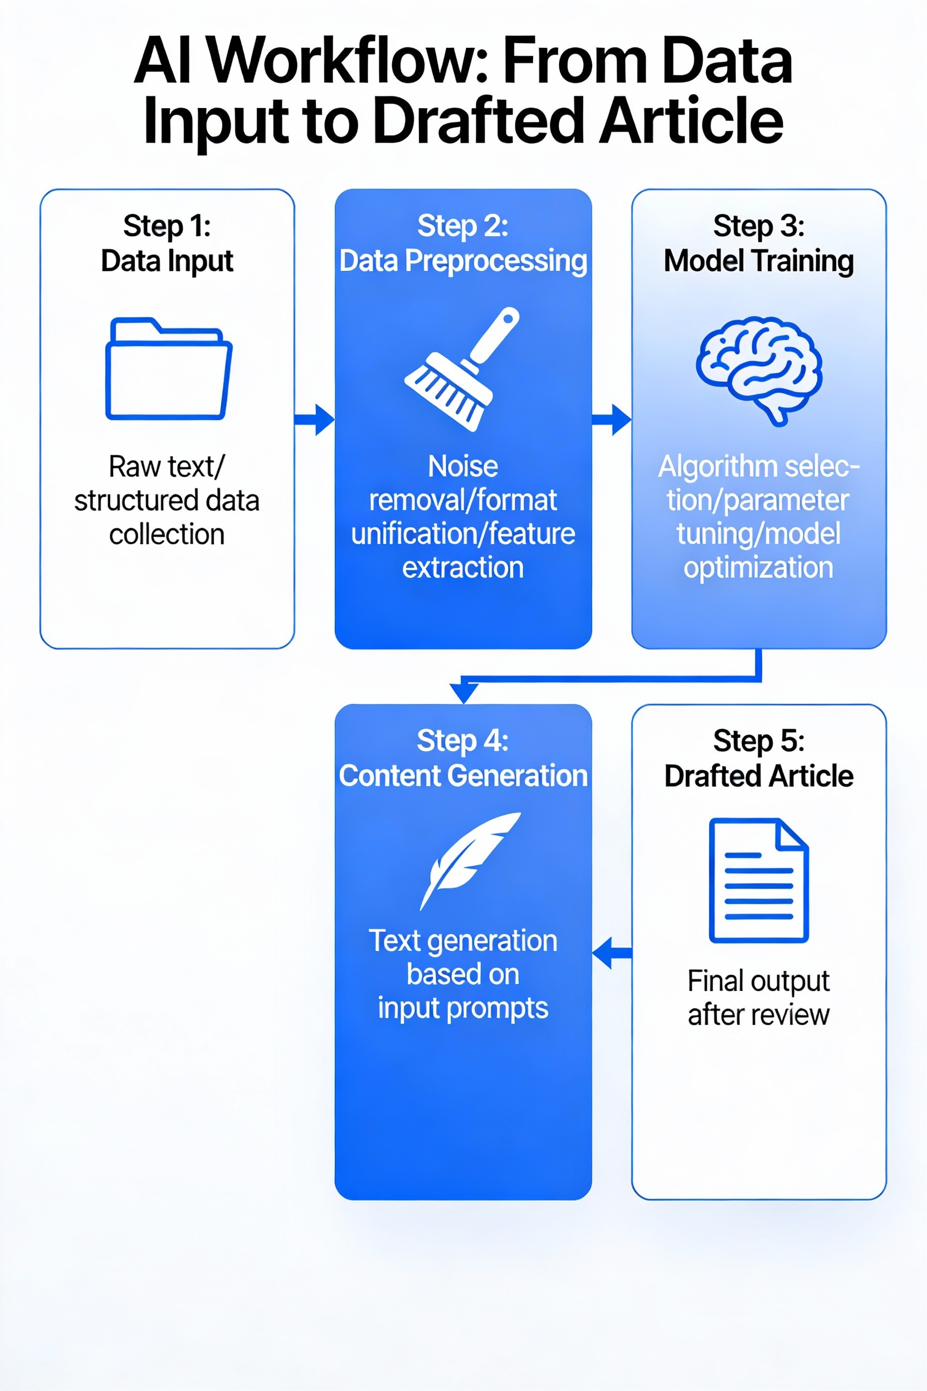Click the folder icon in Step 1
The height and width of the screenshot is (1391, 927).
tap(168, 369)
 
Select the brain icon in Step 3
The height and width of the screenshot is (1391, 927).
tap(759, 369)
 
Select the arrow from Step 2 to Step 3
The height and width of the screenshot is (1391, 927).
tap(611, 420)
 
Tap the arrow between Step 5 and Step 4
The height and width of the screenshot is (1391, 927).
tap(611, 952)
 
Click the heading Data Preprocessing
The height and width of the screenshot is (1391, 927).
tap(463, 261)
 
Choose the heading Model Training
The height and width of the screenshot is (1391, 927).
tap(759, 261)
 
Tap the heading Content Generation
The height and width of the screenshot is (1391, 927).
tap(463, 775)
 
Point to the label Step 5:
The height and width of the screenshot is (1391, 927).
tap(759, 741)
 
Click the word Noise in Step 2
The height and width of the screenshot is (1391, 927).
tap(463, 466)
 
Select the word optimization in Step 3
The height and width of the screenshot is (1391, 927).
tap(759, 567)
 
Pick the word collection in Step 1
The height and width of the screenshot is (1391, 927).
tap(167, 534)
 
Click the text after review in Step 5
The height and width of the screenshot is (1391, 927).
tap(759, 1015)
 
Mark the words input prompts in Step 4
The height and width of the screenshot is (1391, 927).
tap(463, 1008)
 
